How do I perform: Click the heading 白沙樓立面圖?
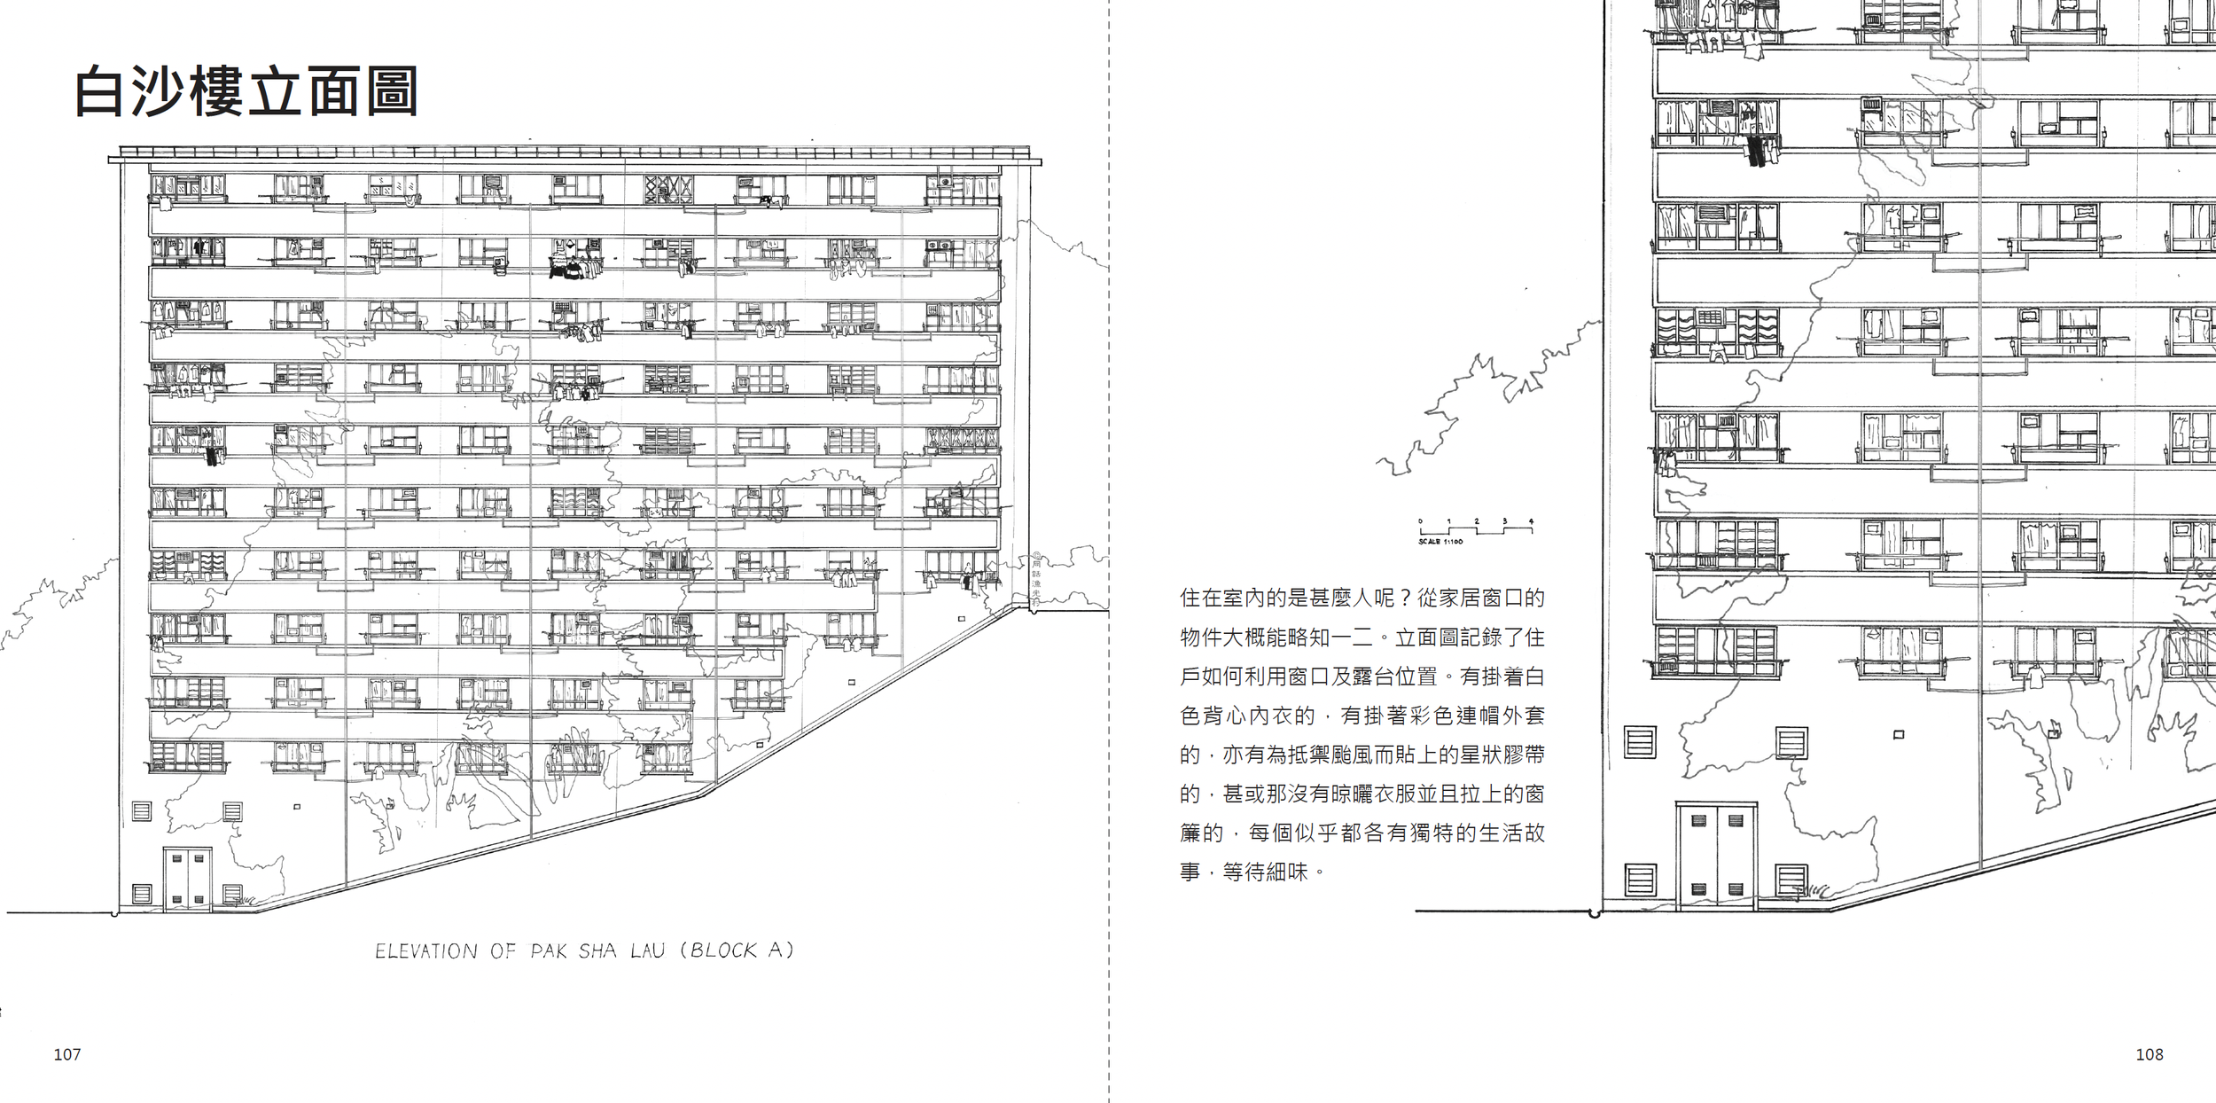click(246, 91)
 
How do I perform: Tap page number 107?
click(67, 1054)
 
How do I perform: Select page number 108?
click(2149, 1054)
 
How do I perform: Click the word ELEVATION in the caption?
click(426, 951)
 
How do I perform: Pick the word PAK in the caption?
click(550, 951)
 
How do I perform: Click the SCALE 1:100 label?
click(1440, 542)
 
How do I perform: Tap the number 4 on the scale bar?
click(1531, 521)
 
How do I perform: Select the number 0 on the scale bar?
click(1420, 521)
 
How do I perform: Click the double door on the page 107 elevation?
click(187, 880)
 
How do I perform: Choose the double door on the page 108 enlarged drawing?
click(1716, 857)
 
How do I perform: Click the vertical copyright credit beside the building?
click(1036, 581)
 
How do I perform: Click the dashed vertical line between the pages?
click(1108, 550)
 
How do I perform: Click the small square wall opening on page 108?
click(1898, 735)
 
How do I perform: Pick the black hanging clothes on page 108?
click(1756, 151)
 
